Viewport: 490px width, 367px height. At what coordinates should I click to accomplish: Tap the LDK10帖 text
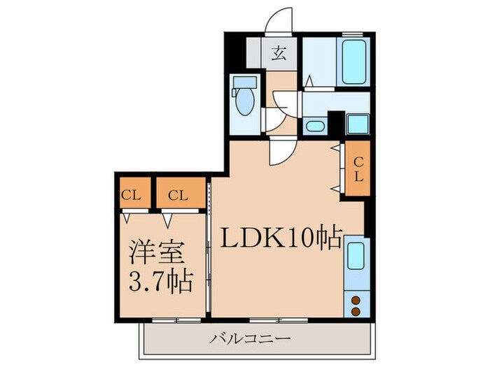[x=281, y=239]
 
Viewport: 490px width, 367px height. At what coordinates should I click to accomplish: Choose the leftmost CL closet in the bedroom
[x=131, y=195]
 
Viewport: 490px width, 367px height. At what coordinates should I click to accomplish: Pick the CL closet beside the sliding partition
[x=178, y=195]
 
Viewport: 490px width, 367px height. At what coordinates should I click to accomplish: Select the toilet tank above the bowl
[x=244, y=83]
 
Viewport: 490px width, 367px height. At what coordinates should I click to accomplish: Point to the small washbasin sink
[x=315, y=127]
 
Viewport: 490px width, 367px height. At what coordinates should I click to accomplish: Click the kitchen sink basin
[x=355, y=256]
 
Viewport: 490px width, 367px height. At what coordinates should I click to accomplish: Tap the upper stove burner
[x=355, y=300]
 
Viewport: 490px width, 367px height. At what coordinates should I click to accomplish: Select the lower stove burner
[x=355, y=310]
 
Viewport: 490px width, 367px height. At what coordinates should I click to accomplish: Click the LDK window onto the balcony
[x=280, y=320]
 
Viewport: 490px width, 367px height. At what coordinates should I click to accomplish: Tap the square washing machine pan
[x=358, y=124]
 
